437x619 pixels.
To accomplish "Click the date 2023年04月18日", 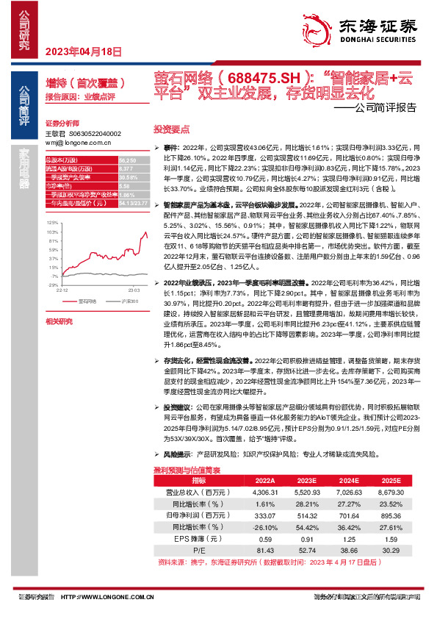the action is [83, 51].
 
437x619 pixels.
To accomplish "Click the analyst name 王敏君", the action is [56, 133].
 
